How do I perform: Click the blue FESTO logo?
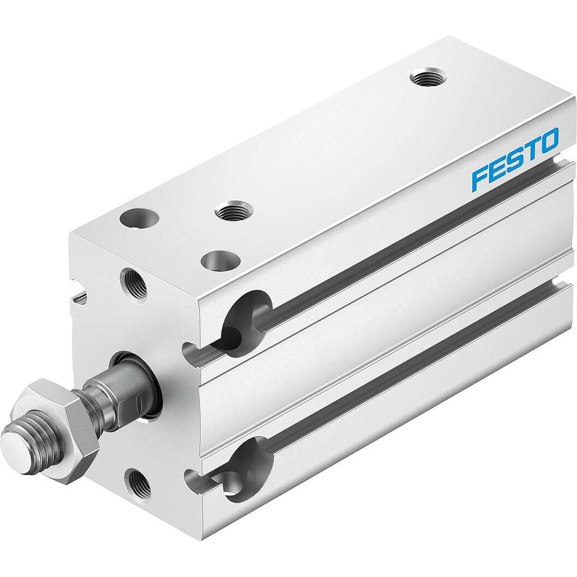click(x=515, y=159)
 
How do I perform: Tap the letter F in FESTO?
click(x=480, y=176)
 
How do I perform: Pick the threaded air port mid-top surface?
click(x=234, y=211)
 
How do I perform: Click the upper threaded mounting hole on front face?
click(x=135, y=285)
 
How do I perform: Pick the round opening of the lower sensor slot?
click(x=248, y=469)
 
